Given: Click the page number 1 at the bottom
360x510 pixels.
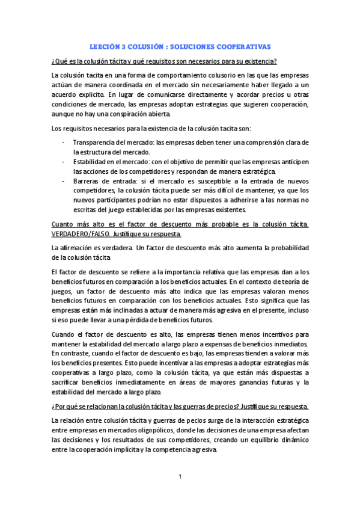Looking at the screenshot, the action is click(180, 477).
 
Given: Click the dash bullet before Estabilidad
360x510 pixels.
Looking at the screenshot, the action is click(64, 162).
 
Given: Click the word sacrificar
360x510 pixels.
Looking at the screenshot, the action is click(69, 382).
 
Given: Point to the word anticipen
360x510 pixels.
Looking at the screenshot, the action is click(293, 162).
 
